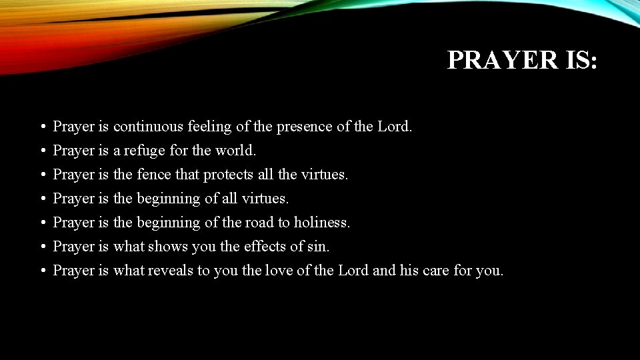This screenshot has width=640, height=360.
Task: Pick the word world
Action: pyautogui.click(x=235, y=150)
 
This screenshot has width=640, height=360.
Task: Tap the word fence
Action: pyautogui.click(x=153, y=174)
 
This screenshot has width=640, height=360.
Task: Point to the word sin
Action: pyautogui.click(x=319, y=246)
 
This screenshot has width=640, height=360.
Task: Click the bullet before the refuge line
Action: pyautogui.click(x=41, y=151)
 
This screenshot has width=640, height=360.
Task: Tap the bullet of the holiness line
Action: pyautogui.click(x=41, y=223)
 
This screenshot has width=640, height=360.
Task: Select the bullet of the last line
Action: pyautogui.click(x=41, y=271)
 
